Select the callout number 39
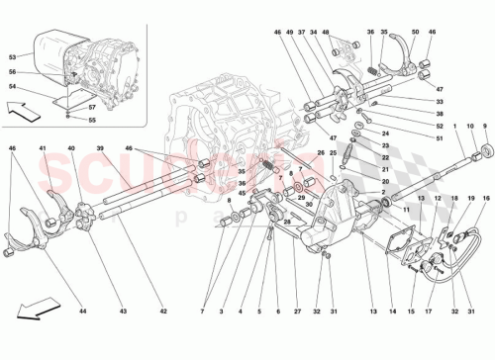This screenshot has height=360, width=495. point(100,150)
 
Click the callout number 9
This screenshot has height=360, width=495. point(484,128)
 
